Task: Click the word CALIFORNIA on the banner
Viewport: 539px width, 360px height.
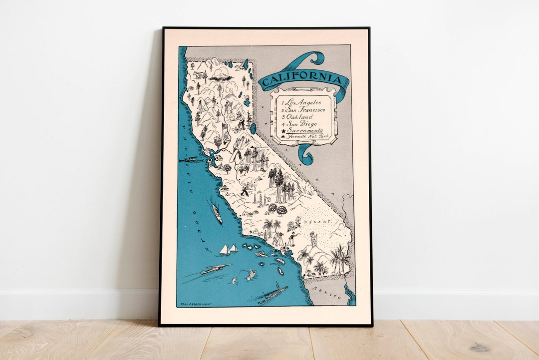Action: point(303,80)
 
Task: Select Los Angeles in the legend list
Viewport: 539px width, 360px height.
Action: point(303,102)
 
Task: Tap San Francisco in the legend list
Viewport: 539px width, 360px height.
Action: point(305,110)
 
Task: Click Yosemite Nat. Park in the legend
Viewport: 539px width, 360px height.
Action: point(306,136)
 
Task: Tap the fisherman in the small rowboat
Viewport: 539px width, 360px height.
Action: point(251,274)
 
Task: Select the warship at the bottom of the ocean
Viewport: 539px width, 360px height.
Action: point(272,295)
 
